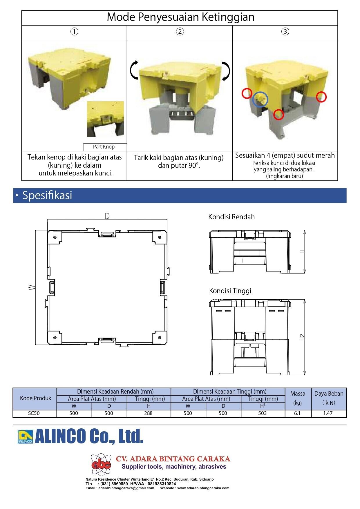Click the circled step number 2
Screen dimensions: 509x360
pyautogui.click(x=180, y=32)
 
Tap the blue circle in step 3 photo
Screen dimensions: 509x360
pyautogui.click(x=260, y=99)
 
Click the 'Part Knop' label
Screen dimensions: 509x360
pyautogui.click(x=104, y=147)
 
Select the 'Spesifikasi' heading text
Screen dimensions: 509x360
pyautogui.click(x=47, y=195)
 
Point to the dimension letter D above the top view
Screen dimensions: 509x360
pyautogui.click(x=107, y=216)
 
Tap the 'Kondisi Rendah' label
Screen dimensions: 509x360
pyautogui.click(x=231, y=217)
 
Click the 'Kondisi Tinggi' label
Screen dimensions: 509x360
pyautogui.click(x=230, y=291)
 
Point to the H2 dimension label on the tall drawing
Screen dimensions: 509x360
pyautogui.click(x=303, y=338)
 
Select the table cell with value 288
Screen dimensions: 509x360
pyautogui.click(x=148, y=413)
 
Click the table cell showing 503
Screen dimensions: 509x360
pyautogui.click(x=262, y=413)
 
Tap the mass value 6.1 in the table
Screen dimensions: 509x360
pyautogui.click(x=297, y=413)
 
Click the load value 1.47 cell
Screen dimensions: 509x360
pyautogui.click(x=328, y=413)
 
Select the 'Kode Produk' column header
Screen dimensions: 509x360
pyautogui.click(x=35, y=398)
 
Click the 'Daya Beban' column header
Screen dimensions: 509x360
pyautogui.click(x=328, y=394)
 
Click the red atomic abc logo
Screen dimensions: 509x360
pyautogui.click(x=101, y=464)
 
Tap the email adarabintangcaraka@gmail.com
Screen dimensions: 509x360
pyautogui.click(x=126, y=488)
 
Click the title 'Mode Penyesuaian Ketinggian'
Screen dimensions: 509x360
pyautogui.click(x=180, y=17)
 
